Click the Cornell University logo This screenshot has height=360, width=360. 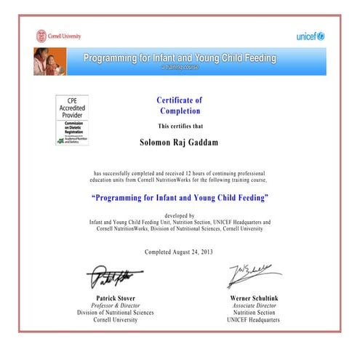(59, 36)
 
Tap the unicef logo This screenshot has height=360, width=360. (310, 36)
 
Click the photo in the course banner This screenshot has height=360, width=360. (49, 61)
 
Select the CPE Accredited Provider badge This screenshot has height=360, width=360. (72, 119)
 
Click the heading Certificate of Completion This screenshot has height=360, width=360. (180, 105)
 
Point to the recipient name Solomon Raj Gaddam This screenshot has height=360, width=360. (180, 143)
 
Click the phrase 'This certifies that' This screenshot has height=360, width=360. (180, 126)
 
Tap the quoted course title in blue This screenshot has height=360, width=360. (180, 198)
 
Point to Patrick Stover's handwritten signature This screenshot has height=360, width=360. (113, 277)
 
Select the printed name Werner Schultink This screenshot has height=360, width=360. (252, 298)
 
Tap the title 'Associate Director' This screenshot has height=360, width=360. (252, 305)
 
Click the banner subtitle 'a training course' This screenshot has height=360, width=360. (180, 67)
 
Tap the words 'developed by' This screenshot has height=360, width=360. (180, 216)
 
